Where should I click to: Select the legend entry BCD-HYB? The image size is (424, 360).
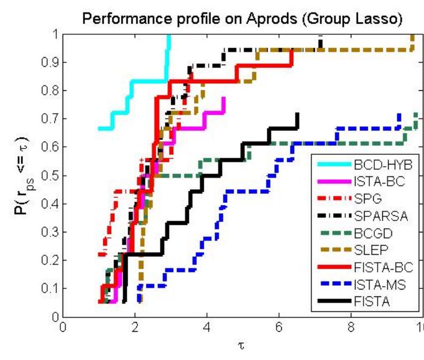[x=376, y=163]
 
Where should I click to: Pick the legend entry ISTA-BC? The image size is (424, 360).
[x=374, y=181]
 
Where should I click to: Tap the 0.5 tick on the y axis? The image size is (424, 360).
[x=49, y=175]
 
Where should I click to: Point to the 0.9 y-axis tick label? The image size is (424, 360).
[x=49, y=62]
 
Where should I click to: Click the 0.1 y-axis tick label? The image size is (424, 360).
[x=49, y=288]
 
